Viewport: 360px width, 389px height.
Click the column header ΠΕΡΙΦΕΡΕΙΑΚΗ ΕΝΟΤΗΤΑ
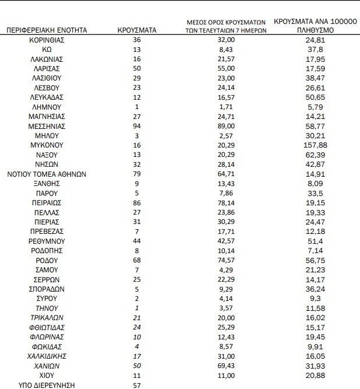[x=47, y=29]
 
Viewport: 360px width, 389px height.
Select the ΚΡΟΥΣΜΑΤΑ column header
[x=136, y=29]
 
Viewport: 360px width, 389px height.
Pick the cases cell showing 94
[x=137, y=126]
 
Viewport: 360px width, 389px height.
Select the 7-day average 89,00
[x=226, y=126]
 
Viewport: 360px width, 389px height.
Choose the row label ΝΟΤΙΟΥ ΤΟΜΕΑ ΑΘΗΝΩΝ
[x=47, y=173]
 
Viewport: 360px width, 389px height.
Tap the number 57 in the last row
[x=137, y=385]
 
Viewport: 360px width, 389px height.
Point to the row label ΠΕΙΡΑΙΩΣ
[x=47, y=202]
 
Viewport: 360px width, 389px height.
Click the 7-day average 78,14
[x=226, y=202]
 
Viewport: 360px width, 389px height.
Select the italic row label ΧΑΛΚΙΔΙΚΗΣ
[x=47, y=356]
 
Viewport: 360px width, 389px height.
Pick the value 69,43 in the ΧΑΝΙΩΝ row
[x=226, y=365]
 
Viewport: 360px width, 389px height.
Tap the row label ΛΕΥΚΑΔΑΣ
[x=47, y=97]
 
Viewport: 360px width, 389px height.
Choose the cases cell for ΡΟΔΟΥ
[x=137, y=260]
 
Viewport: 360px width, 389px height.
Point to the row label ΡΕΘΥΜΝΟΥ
[x=47, y=240]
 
